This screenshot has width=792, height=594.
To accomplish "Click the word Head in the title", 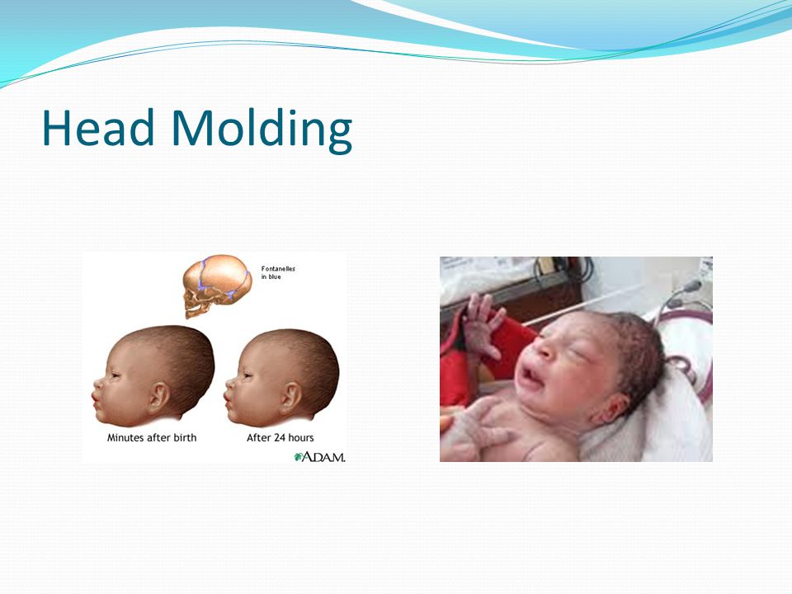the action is click(98, 127).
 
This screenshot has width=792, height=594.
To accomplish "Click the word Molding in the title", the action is click(262, 130).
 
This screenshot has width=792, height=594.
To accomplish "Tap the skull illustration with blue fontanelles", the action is click(217, 285).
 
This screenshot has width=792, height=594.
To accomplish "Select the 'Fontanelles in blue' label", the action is click(278, 273).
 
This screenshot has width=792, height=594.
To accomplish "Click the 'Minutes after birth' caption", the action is click(152, 437).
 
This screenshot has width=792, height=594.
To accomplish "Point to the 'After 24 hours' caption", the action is click(280, 437).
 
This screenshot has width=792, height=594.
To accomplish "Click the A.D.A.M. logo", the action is click(320, 456).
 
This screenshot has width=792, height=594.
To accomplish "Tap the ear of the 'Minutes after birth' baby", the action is click(158, 397).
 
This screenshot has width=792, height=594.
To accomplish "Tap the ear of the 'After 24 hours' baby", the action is click(291, 397).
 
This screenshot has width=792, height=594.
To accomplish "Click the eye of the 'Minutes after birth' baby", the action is click(115, 375).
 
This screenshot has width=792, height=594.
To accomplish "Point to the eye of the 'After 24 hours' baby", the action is click(247, 375).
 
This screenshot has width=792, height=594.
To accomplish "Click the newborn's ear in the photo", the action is click(612, 408).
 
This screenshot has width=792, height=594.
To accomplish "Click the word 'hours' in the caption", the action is click(300, 437).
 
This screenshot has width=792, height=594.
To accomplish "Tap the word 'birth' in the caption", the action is click(185, 437).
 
